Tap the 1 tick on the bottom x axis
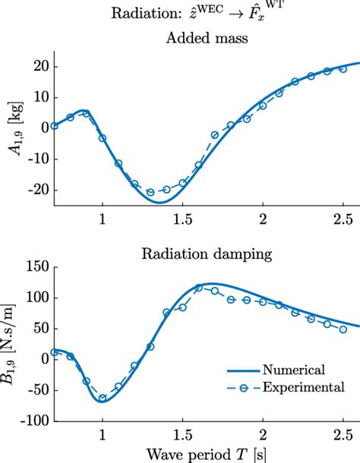[103, 435]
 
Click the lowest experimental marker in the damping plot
[103, 398]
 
